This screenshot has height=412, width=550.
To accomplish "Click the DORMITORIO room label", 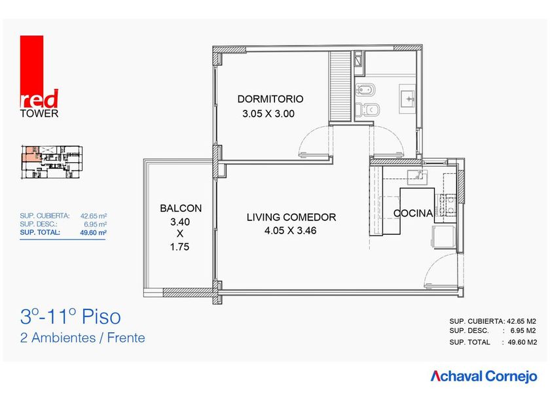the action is [270, 99].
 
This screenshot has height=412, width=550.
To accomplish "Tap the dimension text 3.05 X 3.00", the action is [268, 114].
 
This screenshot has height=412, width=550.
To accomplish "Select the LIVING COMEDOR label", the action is [291, 217].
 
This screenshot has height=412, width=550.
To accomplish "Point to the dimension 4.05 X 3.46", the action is [291, 230].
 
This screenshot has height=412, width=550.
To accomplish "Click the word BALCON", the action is [181, 209].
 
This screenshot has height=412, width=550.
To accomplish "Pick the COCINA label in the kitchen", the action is [413, 213].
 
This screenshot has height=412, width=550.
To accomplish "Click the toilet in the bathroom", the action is [367, 110].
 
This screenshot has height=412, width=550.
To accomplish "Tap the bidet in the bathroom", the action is [365, 90].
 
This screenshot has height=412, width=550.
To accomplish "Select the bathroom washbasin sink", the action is [407, 99].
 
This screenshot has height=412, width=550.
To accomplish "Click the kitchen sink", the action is [418, 177].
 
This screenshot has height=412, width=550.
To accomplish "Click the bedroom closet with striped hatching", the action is [340, 86].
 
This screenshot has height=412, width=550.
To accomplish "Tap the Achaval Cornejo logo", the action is [484, 376].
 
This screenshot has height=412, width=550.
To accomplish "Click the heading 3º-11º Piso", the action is [71, 317].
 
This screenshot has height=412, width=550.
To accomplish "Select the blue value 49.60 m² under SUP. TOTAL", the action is [93, 232].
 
